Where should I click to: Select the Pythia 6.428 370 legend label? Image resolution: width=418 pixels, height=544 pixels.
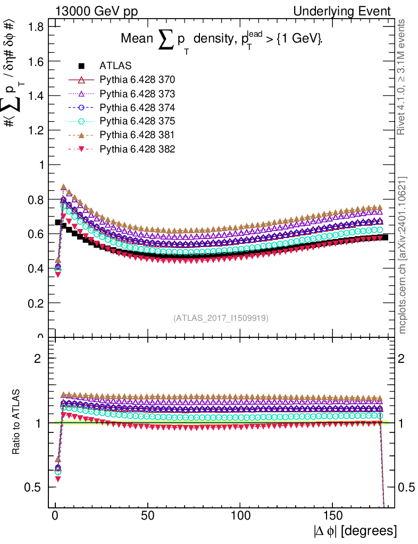(137, 80)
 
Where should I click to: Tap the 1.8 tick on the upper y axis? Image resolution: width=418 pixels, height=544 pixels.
(35, 27)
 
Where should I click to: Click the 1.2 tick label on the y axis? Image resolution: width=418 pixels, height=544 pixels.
(35, 130)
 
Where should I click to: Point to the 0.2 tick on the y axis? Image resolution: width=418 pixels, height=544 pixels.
(35, 303)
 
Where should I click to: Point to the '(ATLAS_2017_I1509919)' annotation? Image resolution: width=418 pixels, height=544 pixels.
(221, 318)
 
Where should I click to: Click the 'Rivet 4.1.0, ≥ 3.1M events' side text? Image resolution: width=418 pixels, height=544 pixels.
(403, 77)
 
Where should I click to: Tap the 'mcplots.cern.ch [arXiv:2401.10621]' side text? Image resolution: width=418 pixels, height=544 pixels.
(403, 255)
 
